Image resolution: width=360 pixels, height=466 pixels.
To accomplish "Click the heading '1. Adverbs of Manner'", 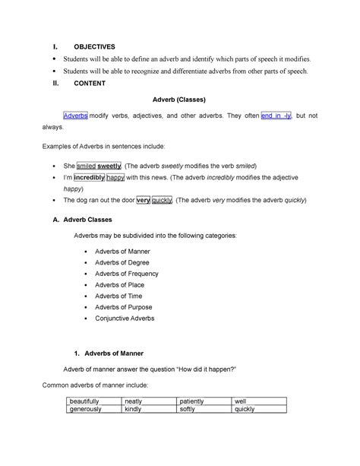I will (x=113, y=354).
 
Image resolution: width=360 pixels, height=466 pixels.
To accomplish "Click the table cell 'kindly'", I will (x=135, y=409).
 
